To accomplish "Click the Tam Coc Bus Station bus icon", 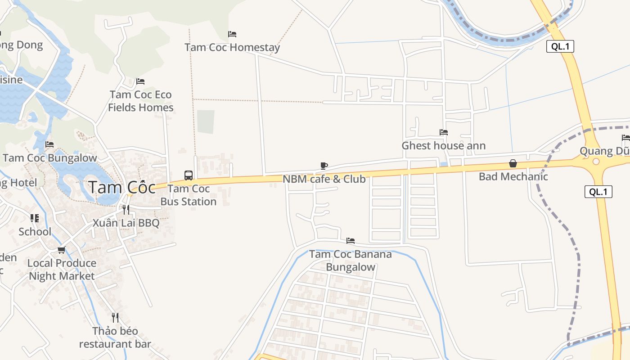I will click(x=189, y=175).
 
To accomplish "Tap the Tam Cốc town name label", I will click(x=122, y=187).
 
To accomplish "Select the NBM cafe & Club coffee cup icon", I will click(x=324, y=166).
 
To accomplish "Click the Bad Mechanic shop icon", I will click(x=513, y=163).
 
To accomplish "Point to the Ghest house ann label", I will click(x=443, y=146).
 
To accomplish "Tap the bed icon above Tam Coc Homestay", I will click(x=232, y=34).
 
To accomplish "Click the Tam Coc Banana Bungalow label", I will click(x=351, y=261).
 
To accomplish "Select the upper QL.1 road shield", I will click(x=560, y=46).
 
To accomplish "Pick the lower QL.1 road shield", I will click(x=598, y=192).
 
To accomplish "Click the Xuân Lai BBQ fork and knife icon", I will click(x=126, y=209).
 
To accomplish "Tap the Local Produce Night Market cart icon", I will click(x=62, y=250).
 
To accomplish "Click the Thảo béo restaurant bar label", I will click(x=115, y=337).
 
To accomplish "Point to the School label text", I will click(x=35, y=232).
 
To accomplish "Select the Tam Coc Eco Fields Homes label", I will click(x=141, y=101).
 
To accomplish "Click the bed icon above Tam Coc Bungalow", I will click(x=49, y=144).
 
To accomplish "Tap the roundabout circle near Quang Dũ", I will click(x=596, y=161).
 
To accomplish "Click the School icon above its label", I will click(x=35, y=218).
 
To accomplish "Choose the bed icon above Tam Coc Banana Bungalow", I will click(x=351, y=241).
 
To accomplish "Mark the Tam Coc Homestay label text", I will click(x=232, y=47).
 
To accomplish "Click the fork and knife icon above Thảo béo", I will click(x=115, y=318).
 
